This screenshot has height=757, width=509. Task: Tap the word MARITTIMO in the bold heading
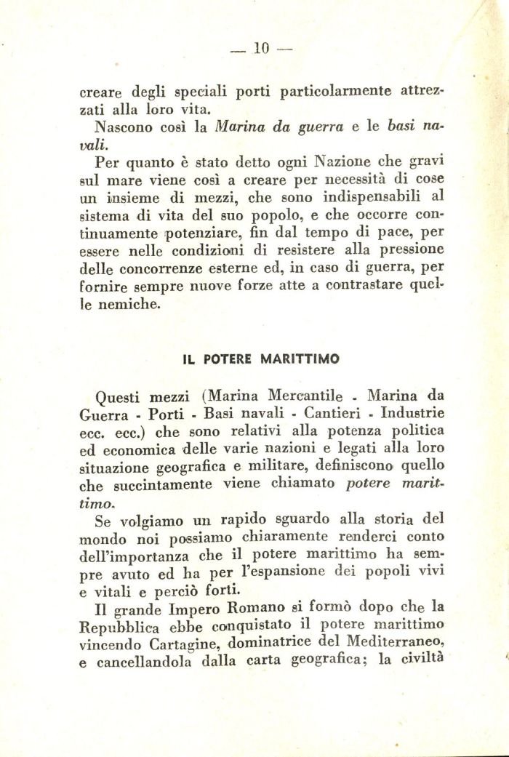click(x=301, y=359)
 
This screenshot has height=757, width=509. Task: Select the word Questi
click(x=121, y=398)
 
